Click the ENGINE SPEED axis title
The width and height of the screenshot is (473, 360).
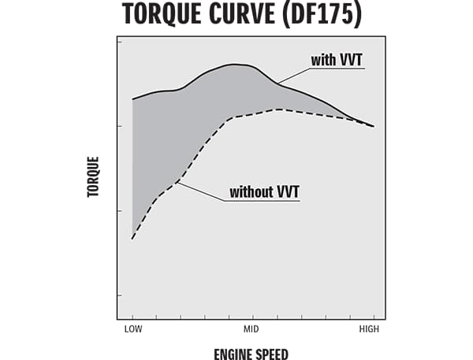pos(251,354)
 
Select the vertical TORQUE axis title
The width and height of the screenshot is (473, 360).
pos(94,176)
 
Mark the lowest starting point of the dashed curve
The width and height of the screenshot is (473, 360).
pos(132,238)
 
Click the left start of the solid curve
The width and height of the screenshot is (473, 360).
pos(132,99)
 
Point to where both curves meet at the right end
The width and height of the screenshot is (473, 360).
pos(372,126)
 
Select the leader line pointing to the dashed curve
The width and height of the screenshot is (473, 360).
pos(202,191)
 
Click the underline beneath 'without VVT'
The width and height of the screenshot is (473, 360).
pos(263,201)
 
